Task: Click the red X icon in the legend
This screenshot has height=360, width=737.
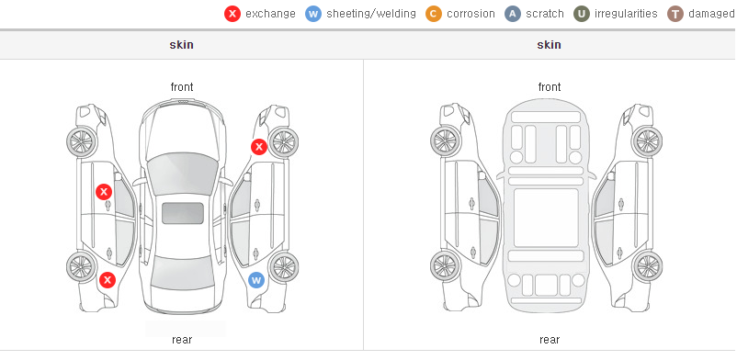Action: pos(232,14)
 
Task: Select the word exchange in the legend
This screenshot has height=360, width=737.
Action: pos(270,14)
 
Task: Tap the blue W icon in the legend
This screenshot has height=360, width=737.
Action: pos(313,14)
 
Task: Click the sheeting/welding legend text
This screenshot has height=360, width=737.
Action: pos(371,14)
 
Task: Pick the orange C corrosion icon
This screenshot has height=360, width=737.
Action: pos(434,14)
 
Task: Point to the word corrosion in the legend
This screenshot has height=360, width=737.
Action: pos(471,14)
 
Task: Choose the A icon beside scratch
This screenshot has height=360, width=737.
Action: pos(513,14)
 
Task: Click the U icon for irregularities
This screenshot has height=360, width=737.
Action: pos(582,14)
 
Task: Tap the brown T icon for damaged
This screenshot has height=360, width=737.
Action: pos(675,14)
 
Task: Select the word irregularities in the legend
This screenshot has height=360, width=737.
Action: pos(626,14)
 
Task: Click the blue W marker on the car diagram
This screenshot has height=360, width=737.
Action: pos(256,281)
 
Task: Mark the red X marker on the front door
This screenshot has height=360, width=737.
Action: pos(104,192)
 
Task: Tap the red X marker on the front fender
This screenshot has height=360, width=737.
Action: pos(259,147)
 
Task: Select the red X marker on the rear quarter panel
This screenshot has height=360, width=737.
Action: pos(108,280)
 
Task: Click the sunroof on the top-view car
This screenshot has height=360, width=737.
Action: pos(183,213)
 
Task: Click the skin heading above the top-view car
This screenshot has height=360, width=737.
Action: pos(181,45)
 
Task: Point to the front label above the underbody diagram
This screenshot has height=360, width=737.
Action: pos(550,87)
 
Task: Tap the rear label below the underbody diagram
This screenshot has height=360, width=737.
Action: pos(550,340)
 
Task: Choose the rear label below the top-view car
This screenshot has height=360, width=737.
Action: pos(182,340)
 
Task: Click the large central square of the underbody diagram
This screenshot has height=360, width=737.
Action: pos(546,218)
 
